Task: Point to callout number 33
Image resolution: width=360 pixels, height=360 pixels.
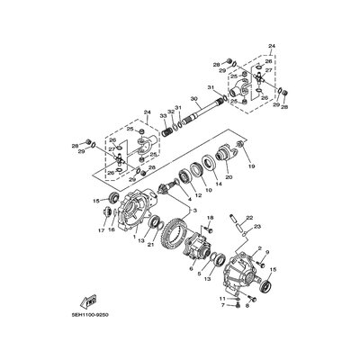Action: tap(164, 116)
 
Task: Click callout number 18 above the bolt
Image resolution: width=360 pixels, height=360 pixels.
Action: tap(209, 219)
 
